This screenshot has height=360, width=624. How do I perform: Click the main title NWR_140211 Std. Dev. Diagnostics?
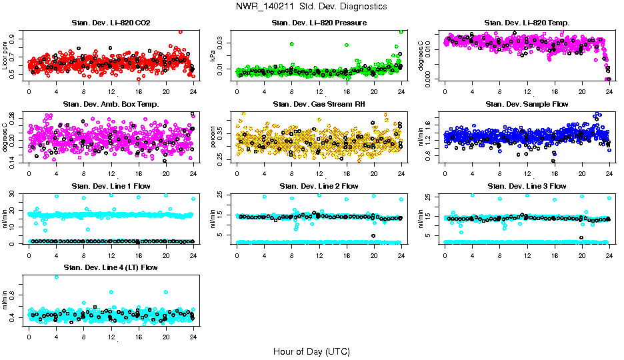pos(311,7)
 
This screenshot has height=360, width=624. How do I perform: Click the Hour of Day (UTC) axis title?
pos(311,351)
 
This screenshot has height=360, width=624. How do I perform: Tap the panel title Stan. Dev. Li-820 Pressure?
pos(319,23)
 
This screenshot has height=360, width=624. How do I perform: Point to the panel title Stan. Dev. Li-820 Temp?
pos(527,23)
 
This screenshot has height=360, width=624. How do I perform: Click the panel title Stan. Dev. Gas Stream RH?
pos(319,104)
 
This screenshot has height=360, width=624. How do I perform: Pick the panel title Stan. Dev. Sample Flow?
pos(527,104)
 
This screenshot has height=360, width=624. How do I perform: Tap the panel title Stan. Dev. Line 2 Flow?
pos(319,186)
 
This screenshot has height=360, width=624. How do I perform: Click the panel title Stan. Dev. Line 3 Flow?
pos(527,186)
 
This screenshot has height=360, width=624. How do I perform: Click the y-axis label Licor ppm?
pos(6,55)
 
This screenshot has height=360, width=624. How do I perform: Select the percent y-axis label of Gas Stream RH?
pos(213,137)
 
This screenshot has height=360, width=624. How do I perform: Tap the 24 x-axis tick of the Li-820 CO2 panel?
pos(193,91)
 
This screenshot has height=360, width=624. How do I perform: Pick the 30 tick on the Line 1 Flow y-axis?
pos(15,194)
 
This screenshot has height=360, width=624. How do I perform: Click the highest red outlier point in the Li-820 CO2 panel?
pos(180,31)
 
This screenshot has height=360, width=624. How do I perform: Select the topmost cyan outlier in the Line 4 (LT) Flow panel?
pos(57,277)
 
